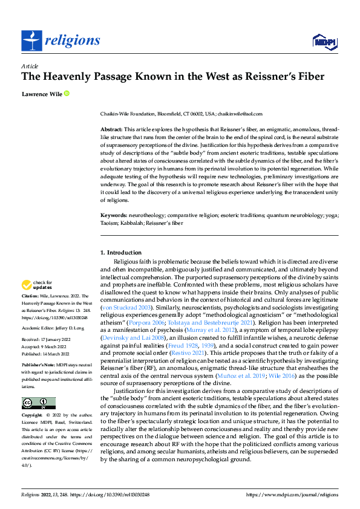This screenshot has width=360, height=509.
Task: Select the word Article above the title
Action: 30,66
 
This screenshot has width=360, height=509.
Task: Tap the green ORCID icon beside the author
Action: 66,94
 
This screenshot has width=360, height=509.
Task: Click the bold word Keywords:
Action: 114,215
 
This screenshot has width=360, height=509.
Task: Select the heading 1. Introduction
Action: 120,253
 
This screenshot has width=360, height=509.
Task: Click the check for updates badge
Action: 37,285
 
